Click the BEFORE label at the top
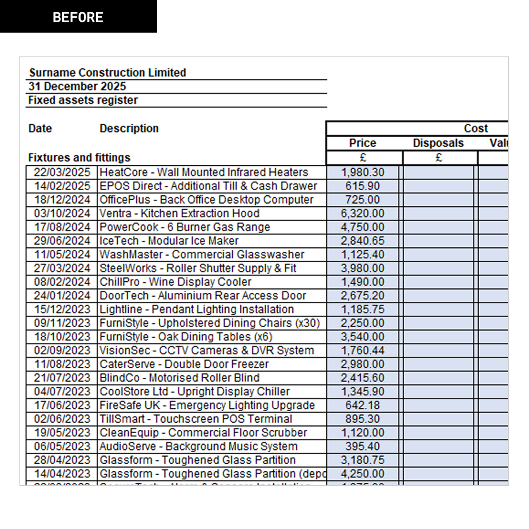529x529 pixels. coord(78,18)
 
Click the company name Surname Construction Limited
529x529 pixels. coord(108,73)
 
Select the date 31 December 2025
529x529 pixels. coord(77,86)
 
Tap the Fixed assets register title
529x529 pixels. coord(83,100)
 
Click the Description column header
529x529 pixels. coord(129,128)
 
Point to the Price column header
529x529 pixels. coord(362,143)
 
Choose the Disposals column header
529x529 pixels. coord(438,143)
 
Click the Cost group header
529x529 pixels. coord(476,128)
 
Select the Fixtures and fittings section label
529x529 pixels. coord(79,157)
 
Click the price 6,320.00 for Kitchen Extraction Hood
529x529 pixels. coord(362,213)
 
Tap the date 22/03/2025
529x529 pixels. coord(62,172)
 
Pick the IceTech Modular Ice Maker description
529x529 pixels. coord(169,241)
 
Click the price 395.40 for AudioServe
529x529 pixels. coord(362,446)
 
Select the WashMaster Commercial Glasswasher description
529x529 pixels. coord(202,254)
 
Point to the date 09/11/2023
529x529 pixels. coord(62,323)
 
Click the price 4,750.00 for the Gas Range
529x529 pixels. coord(362,227)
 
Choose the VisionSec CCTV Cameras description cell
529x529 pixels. coord(207,350)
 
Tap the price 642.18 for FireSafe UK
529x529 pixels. coord(362,405)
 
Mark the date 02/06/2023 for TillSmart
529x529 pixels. coord(62,419)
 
